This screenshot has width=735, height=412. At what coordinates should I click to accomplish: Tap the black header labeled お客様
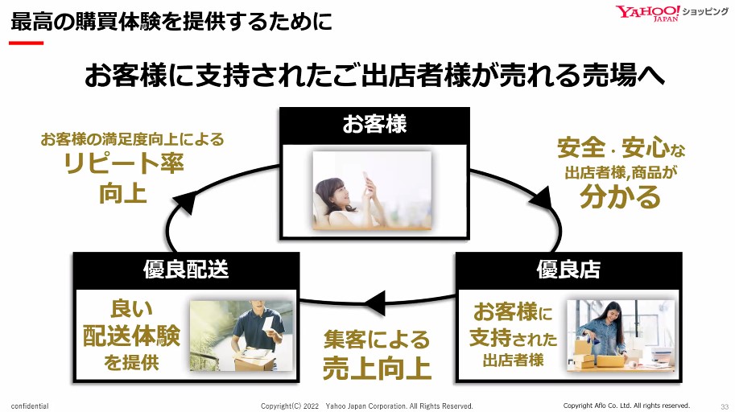pos(374,125)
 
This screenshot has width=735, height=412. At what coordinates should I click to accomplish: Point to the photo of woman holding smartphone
pos(372,191)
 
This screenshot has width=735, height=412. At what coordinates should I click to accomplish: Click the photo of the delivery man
pos(242,336)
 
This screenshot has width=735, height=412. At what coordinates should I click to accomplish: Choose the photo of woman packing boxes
pos(619,336)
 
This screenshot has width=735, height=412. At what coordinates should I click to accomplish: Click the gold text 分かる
pos(620,196)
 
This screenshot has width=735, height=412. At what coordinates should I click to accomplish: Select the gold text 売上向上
pos(377,368)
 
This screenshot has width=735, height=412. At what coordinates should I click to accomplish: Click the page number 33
pos(724,406)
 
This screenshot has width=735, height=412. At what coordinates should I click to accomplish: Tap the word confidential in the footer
pos(30,406)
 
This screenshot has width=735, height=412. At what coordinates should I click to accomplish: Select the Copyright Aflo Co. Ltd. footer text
pos(626,406)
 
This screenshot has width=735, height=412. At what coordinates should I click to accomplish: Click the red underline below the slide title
pos(25,42)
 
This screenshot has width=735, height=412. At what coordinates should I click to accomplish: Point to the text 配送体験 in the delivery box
pos(131,336)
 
